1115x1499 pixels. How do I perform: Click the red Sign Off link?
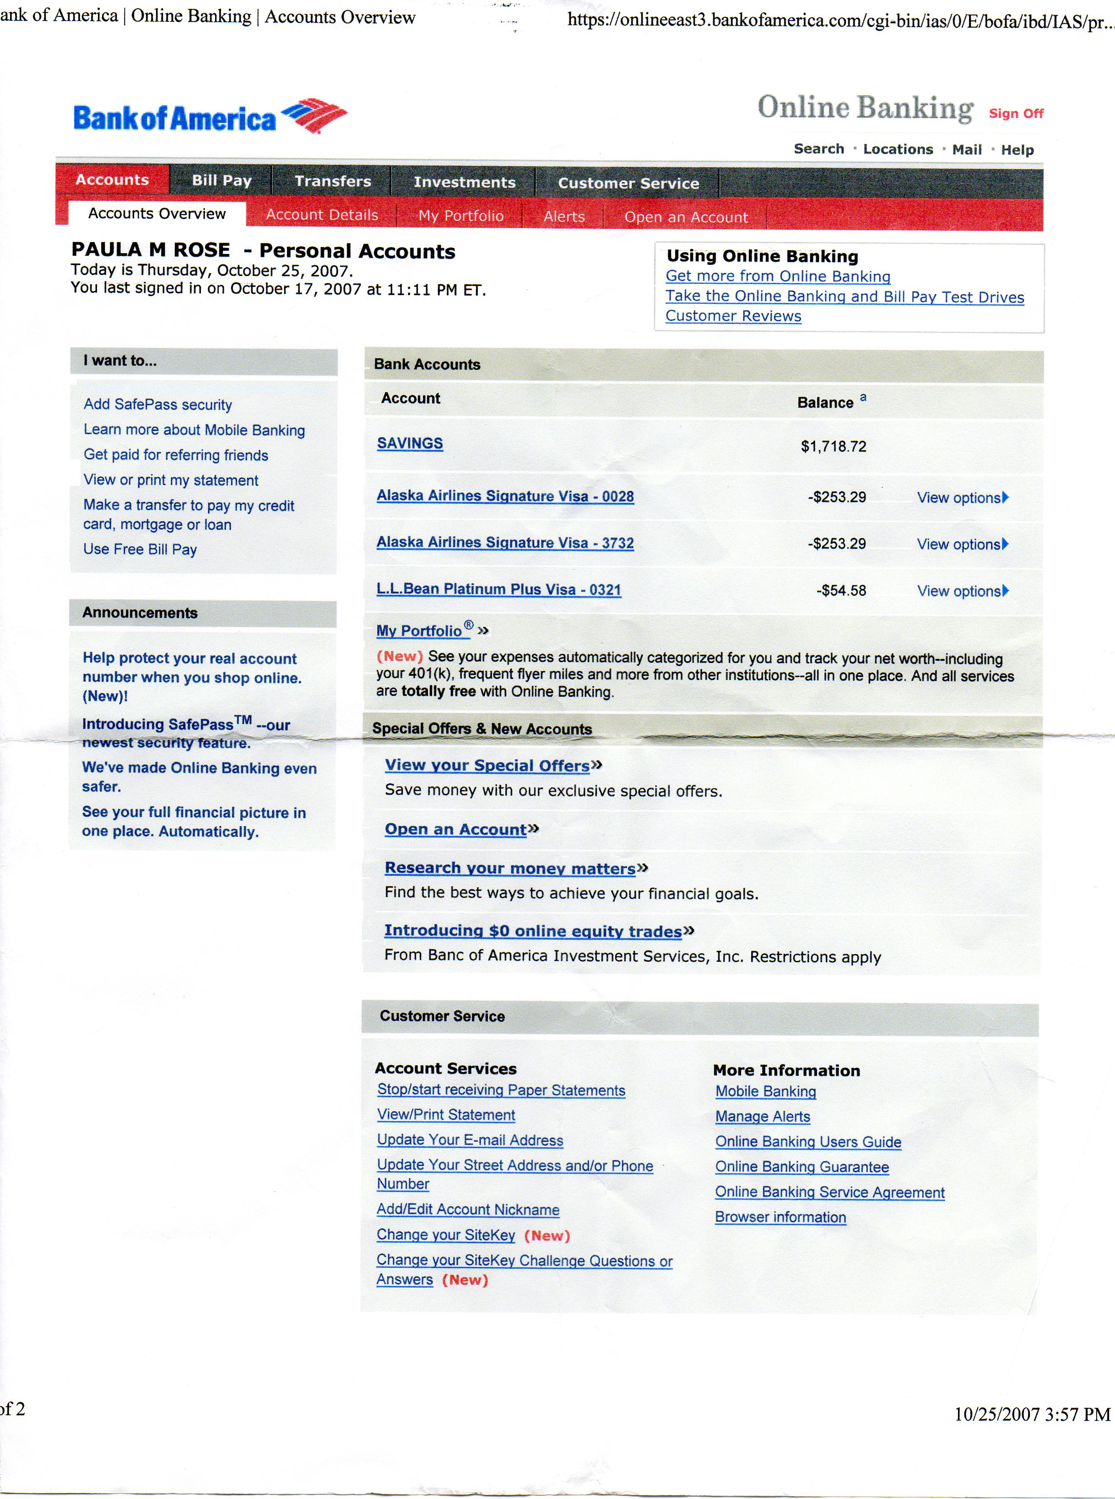(1016, 113)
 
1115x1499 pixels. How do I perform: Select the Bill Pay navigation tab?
(222, 180)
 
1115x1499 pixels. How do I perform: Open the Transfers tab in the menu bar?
(333, 181)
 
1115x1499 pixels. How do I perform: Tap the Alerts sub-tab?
(564, 216)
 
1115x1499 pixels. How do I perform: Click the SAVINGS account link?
(410, 443)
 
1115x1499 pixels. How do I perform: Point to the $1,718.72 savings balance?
(833, 446)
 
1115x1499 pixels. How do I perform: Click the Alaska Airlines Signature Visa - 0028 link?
(505, 496)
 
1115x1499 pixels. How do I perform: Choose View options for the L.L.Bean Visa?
(962, 591)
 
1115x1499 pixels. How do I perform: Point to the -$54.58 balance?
(841, 590)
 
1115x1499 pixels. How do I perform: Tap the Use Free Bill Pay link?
(140, 549)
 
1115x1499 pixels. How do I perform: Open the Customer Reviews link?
(733, 316)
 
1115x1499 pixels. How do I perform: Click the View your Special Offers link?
(487, 765)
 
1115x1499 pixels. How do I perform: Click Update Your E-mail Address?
(470, 1140)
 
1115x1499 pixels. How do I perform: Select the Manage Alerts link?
(763, 1116)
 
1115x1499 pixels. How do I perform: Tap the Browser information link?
(780, 1217)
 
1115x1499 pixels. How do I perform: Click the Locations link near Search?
(898, 149)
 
